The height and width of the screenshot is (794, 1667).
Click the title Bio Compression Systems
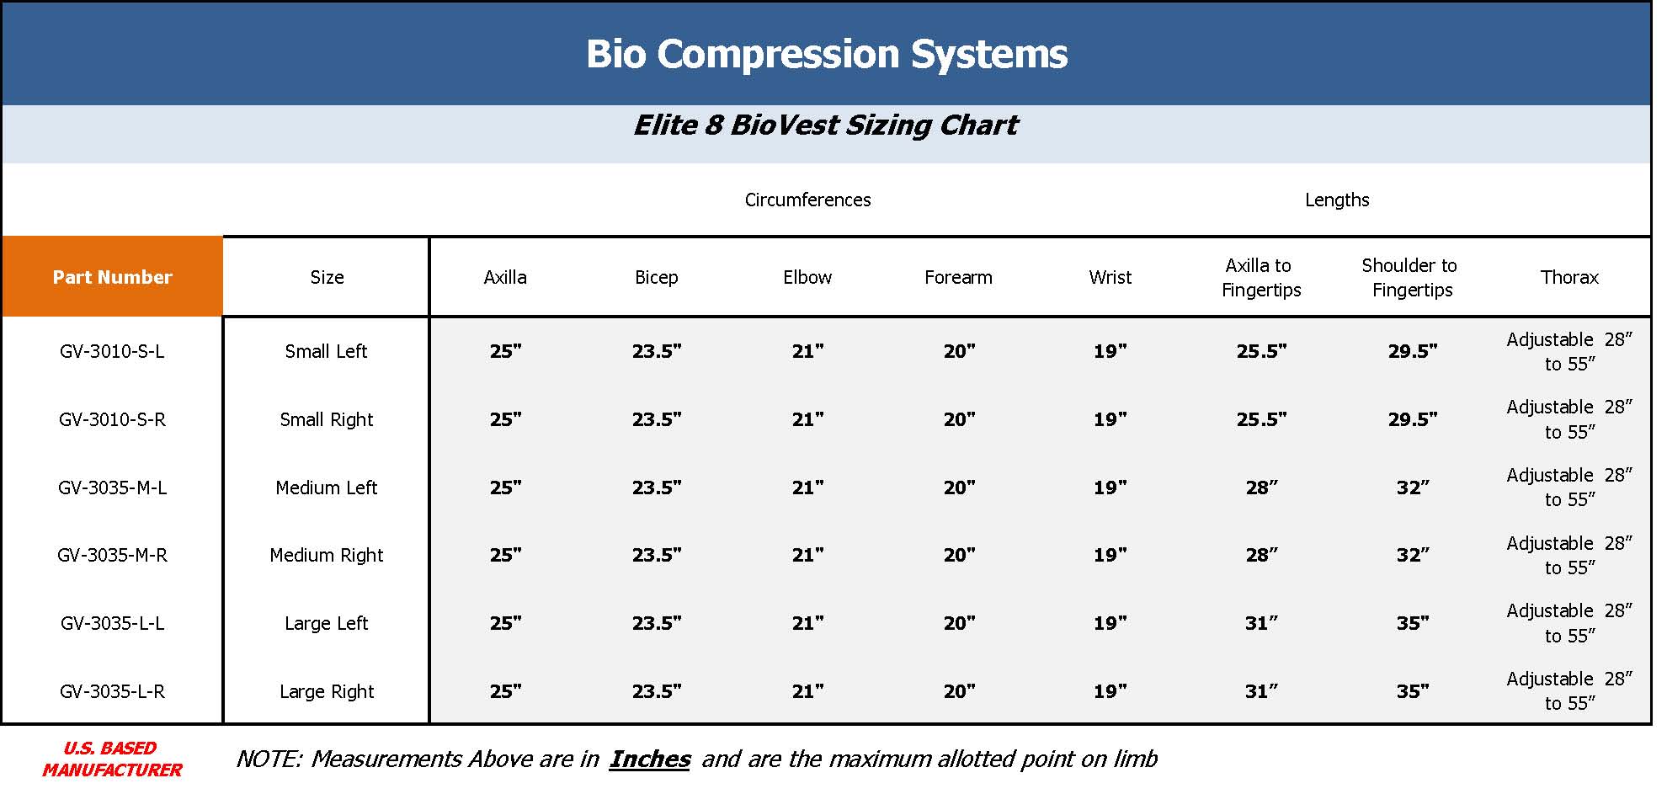tap(827, 54)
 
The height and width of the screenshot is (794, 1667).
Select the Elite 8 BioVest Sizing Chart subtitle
tap(825, 125)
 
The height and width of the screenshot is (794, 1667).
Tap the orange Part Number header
tap(112, 277)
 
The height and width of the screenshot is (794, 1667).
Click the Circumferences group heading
tap(808, 200)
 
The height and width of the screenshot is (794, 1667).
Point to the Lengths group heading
tap(1337, 200)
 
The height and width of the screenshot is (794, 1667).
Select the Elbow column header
tap(807, 278)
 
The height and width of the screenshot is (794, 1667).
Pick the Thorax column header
tap(1569, 278)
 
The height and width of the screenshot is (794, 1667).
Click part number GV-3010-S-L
tap(112, 352)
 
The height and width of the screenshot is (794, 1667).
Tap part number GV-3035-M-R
tap(112, 556)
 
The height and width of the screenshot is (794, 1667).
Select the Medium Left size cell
tap(327, 488)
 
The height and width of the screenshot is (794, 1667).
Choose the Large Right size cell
tap(327, 692)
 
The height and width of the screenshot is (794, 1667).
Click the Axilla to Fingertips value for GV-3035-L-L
tap(1261, 624)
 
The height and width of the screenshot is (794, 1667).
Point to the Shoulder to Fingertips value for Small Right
tap(1413, 419)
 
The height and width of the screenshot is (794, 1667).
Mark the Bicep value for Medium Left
tap(657, 488)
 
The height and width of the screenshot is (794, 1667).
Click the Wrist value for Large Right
tap(1110, 692)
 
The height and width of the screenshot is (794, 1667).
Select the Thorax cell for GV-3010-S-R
tap(1569, 419)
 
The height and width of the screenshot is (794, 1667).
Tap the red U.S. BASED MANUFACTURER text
tap(112, 759)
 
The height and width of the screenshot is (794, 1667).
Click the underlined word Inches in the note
tap(649, 759)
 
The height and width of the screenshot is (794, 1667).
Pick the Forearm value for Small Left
tap(959, 352)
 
